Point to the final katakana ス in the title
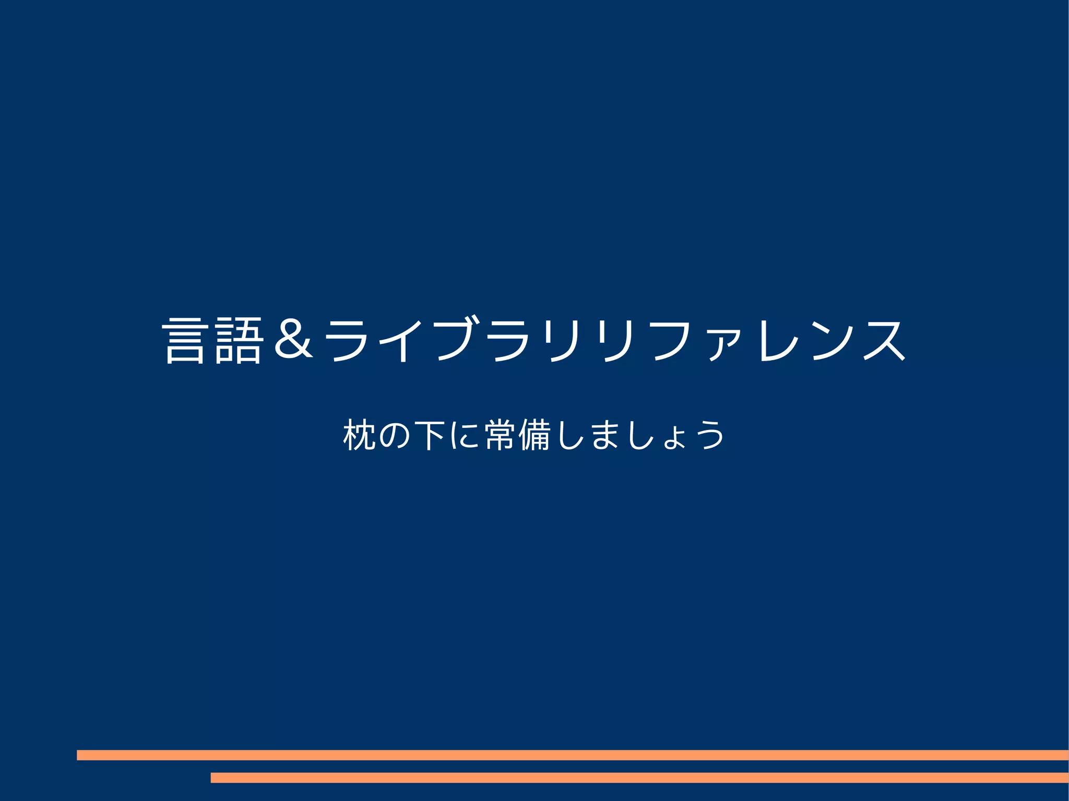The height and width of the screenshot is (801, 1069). pos(885,340)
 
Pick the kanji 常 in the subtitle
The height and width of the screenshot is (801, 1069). pos(500,435)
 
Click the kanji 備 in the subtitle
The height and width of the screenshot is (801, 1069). pos(535,435)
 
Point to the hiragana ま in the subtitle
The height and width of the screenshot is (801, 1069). pos(605,435)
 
